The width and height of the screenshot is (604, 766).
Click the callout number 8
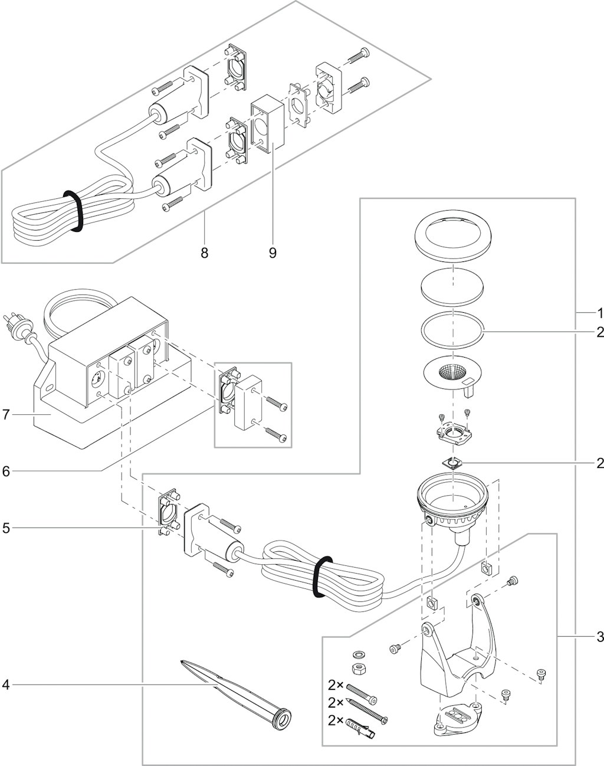pos(204,253)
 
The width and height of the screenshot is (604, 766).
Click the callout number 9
pos(273,253)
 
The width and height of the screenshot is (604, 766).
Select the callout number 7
pos(6,415)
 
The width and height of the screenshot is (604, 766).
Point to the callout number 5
pos(6,528)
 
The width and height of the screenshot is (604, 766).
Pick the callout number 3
pos(599,637)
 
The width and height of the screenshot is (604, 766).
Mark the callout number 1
pos(599,312)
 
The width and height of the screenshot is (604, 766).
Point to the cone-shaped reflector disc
pos(452,374)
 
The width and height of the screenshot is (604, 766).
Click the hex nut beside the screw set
pos(357,669)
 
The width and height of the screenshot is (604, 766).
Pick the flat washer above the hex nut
pos(357,654)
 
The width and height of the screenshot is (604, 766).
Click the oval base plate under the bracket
pos(457,721)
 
